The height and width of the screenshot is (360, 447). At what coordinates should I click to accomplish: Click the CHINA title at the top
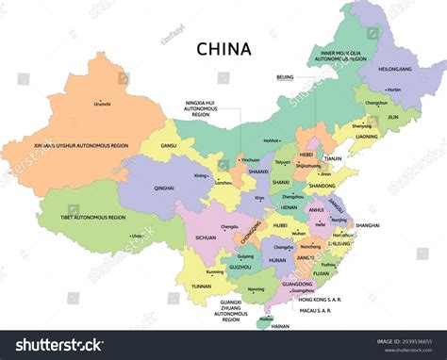click(223, 48)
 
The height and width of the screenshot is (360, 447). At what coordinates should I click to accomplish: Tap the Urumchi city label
click(102, 104)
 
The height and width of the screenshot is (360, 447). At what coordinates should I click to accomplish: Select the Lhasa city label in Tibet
click(138, 236)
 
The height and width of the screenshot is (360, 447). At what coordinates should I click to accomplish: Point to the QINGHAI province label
click(163, 188)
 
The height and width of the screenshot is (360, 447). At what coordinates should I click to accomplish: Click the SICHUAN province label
click(206, 238)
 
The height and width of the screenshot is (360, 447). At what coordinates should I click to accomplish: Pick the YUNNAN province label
click(202, 286)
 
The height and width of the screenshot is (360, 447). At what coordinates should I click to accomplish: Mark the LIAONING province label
click(367, 136)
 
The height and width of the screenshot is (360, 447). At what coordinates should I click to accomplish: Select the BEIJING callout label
click(285, 76)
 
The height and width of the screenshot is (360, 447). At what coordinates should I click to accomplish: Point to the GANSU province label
click(169, 146)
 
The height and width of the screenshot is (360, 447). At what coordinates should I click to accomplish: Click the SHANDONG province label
click(323, 186)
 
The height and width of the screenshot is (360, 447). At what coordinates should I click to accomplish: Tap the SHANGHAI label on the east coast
click(368, 225)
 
